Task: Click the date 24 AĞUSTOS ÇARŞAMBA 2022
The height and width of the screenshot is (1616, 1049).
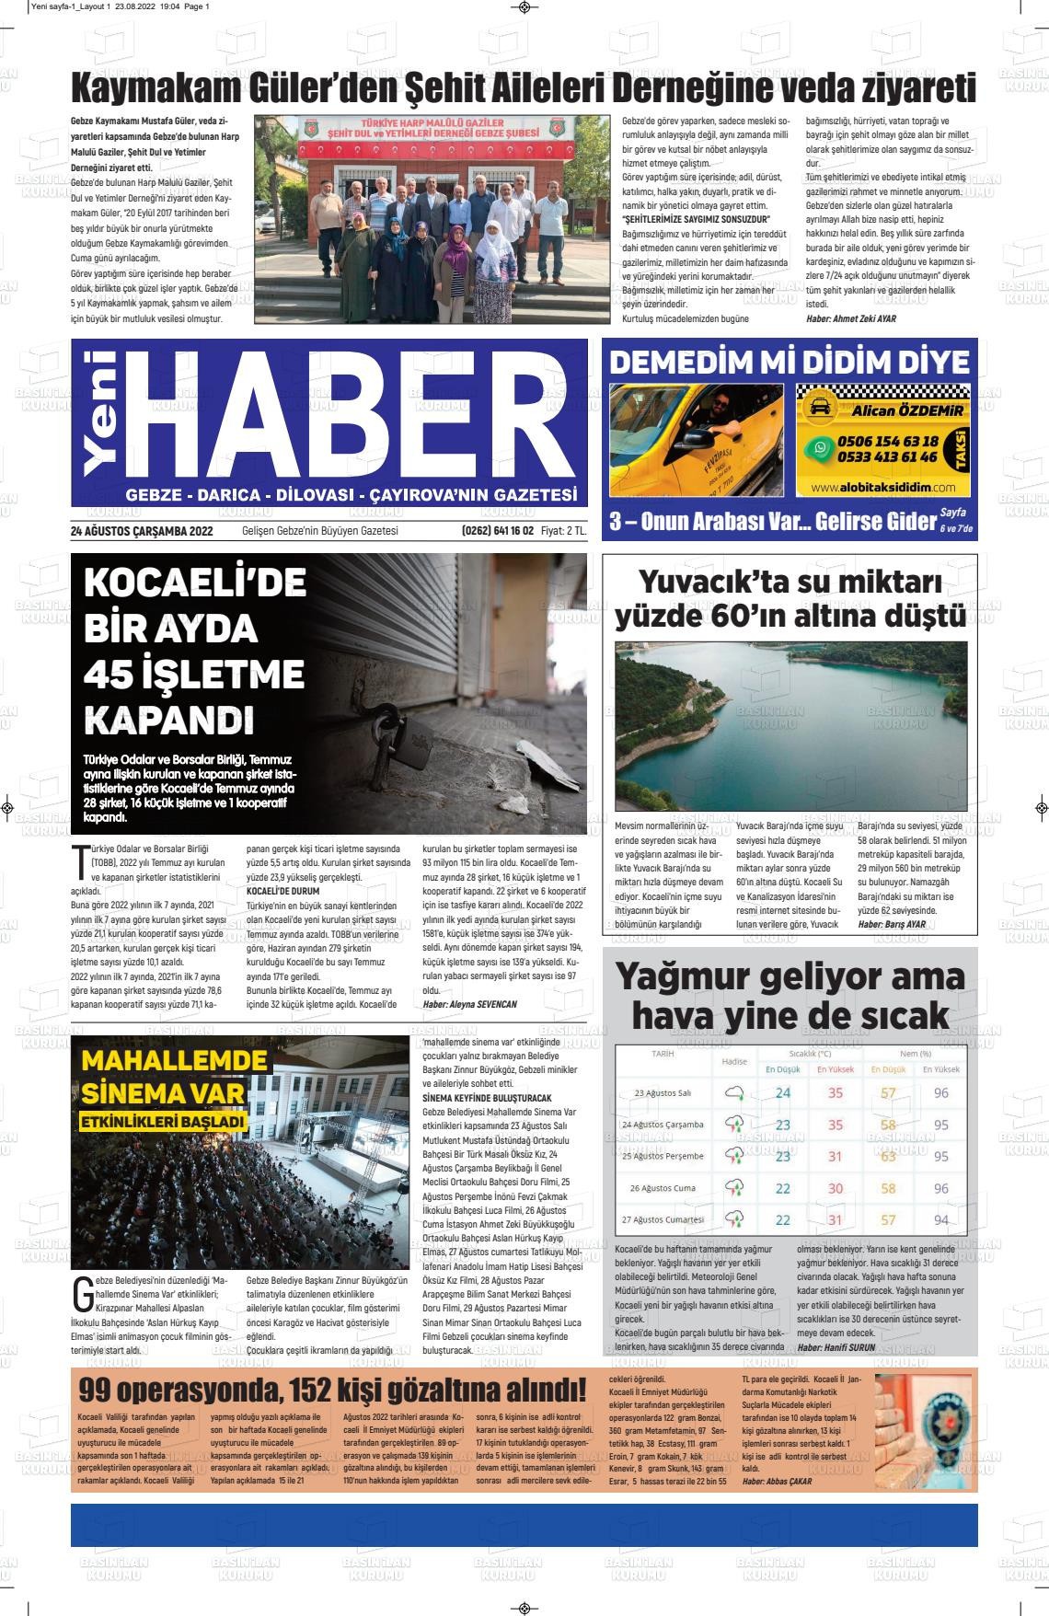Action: (x=142, y=531)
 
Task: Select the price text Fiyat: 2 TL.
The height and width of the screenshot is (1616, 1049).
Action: (x=563, y=531)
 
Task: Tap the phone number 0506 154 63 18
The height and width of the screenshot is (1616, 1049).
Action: (x=888, y=441)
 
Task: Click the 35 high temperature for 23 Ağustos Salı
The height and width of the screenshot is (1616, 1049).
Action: (x=836, y=1093)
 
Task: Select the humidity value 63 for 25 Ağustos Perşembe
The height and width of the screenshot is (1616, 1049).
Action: (x=888, y=1157)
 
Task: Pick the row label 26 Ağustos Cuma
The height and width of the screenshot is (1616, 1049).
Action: (x=663, y=1188)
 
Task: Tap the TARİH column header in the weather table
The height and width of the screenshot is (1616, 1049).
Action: (x=663, y=1053)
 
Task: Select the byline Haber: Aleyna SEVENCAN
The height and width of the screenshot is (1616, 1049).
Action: (x=469, y=1005)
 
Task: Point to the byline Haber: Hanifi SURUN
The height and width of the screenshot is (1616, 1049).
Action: (x=836, y=1347)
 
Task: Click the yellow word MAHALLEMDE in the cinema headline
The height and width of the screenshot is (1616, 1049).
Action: (x=161, y=1061)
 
